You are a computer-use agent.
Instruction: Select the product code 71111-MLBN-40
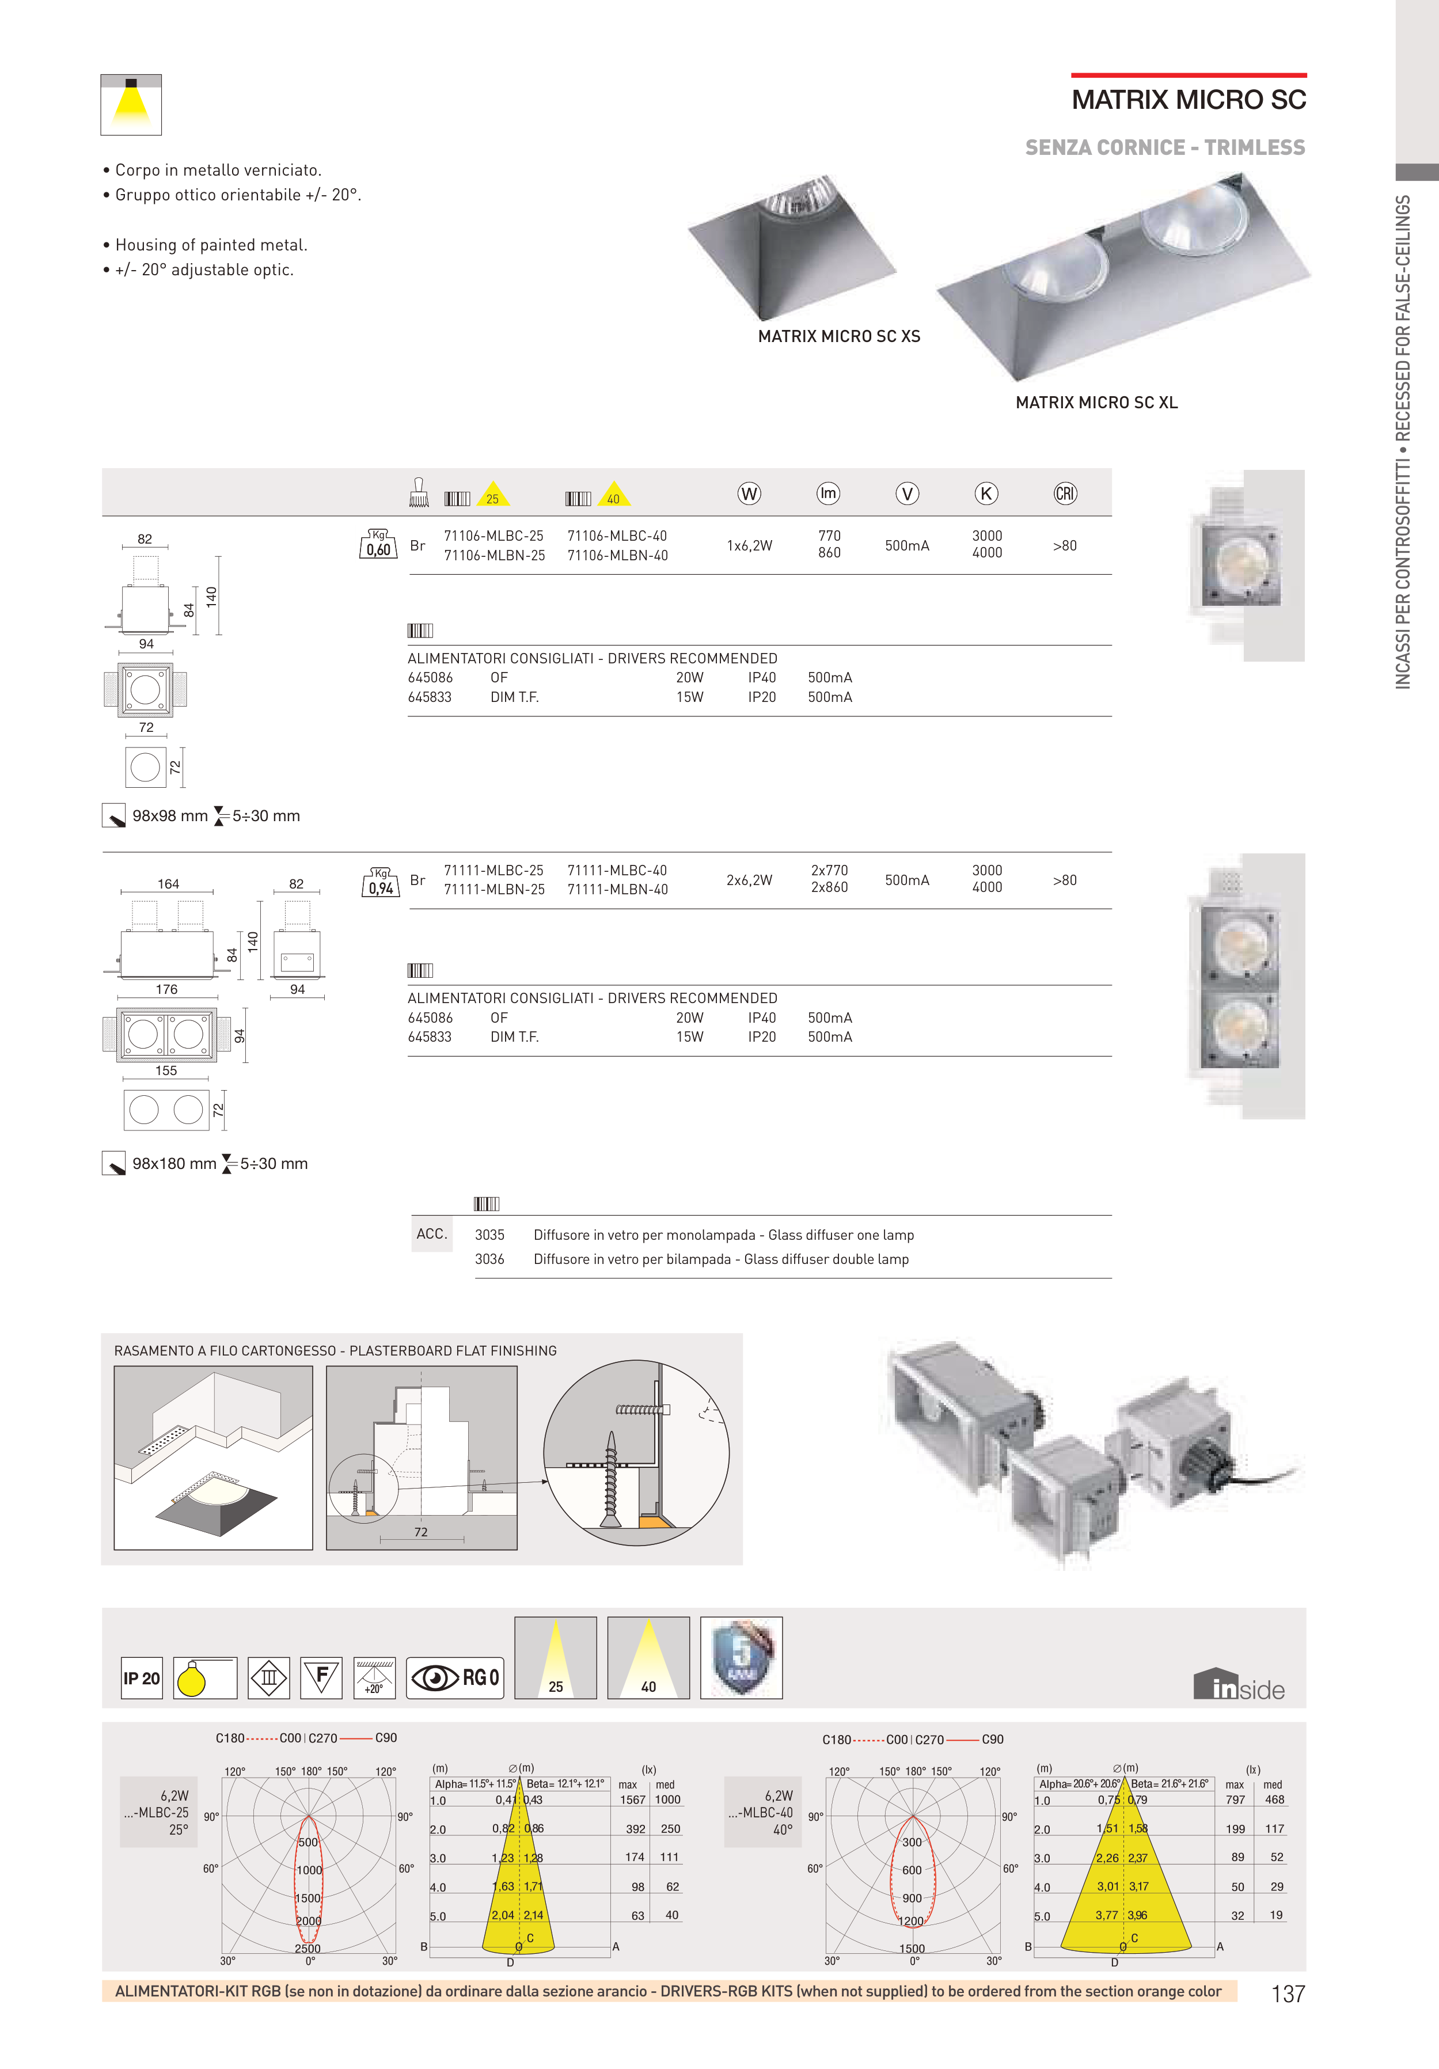pyautogui.click(x=617, y=890)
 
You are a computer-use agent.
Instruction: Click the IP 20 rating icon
pyautogui.click(x=142, y=1678)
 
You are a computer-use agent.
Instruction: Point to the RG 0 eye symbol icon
pyautogui.click(x=454, y=1678)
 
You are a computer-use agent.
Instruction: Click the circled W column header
pyautogui.click(x=749, y=494)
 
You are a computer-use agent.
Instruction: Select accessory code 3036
pyautogui.click(x=489, y=1259)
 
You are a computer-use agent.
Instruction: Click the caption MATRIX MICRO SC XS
pyautogui.click(x=839, y=336)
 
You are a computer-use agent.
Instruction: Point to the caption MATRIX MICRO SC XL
pyautogui.click(x=1096, y=403)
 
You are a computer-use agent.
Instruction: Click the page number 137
pyautogui.click(x=1288, y=1994)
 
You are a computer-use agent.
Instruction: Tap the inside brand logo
pyautogui.click(x=1239, y=1685)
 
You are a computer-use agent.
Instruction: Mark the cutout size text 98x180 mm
pyautogui.click(x=174, y=1163)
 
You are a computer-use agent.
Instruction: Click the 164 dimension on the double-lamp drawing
pyautogui.click(x=169, y=884)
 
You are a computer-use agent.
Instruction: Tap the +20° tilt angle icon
pyautogui.click(x=373, y=1678)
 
